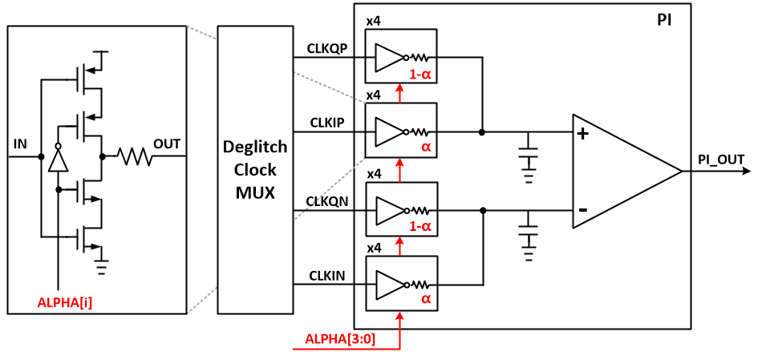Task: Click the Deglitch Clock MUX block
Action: (255, 169)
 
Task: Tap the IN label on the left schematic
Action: (21, 144)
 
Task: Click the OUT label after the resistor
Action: (168, 144)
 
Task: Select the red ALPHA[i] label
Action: (65, 303)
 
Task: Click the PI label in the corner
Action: (663, 20)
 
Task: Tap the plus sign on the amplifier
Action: (583, 133)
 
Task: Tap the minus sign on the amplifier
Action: (583, 210)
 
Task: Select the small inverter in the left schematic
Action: (58, 160)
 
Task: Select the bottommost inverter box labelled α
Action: (401, 283)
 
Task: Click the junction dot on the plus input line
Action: (482, 132)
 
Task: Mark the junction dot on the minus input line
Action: (482, 210)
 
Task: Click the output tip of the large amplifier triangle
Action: (681, 171)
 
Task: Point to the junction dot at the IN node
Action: (41, 157)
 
